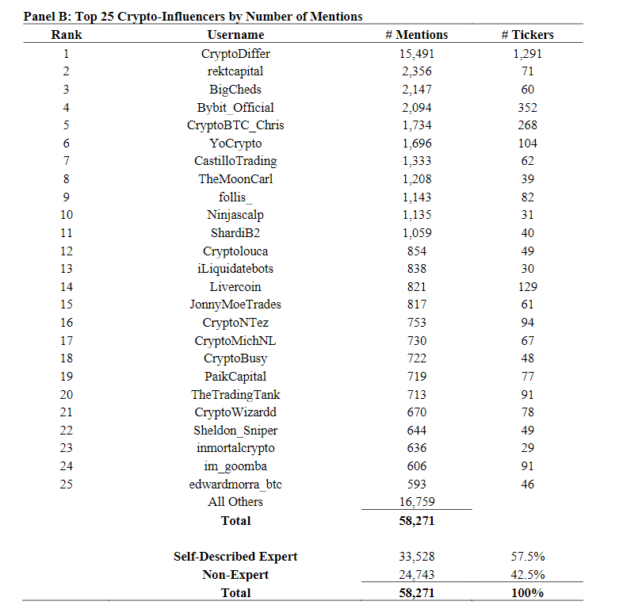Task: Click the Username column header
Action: (235, 35)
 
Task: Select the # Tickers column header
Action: (527, 35)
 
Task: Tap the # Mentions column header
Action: (416, 35)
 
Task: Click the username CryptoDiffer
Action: (235, 54)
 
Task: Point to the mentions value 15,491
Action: (416, 54)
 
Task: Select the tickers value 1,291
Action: (527, 54)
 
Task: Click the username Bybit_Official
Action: (235, 108)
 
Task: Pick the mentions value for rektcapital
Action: (416, 72)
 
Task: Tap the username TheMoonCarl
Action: (235, 179)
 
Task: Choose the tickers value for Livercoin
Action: (527, 287)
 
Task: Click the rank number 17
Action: (67, 341)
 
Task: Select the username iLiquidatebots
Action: (235, 269)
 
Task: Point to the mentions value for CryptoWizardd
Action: (416, 412)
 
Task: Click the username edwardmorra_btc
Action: (235, 484)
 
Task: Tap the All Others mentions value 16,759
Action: (416, 502)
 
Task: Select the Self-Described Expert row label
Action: (235, 557)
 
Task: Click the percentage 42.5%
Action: (527, 575)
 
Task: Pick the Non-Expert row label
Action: (235, 575)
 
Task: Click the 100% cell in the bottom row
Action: (527, 593)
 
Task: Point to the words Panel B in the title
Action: (45, 15)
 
